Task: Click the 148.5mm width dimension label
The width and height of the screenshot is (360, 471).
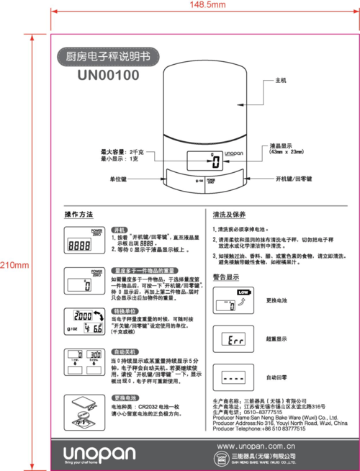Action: click(207, 5)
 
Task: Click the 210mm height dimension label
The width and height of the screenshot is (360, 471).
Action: click(14, 265)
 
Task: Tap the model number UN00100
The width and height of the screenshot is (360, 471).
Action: click(109, 73)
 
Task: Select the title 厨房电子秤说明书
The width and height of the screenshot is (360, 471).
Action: click(109, 55)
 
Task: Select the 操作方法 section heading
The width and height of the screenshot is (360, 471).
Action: click(78, 215)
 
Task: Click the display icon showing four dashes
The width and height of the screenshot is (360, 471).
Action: click(233, 377)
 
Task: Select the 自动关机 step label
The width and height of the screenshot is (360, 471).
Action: click(125, 351)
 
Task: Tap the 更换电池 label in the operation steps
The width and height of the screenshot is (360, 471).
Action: click(125, 398)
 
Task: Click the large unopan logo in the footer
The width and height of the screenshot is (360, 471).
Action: click(99, 452)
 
